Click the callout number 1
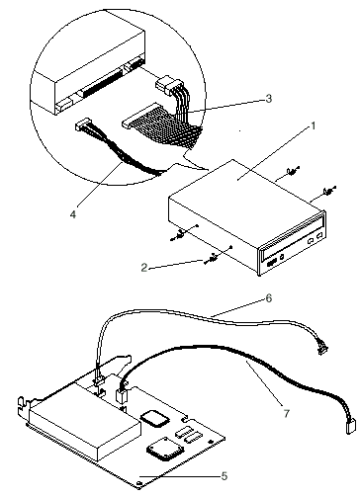314,126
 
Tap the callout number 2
144,268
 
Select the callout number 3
269,99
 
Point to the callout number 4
73,214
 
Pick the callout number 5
225,476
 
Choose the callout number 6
269,298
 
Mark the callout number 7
287,413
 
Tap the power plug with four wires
167,85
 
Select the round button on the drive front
282,257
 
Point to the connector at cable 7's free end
350,428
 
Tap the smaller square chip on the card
154,418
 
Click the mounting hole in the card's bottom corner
139,483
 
